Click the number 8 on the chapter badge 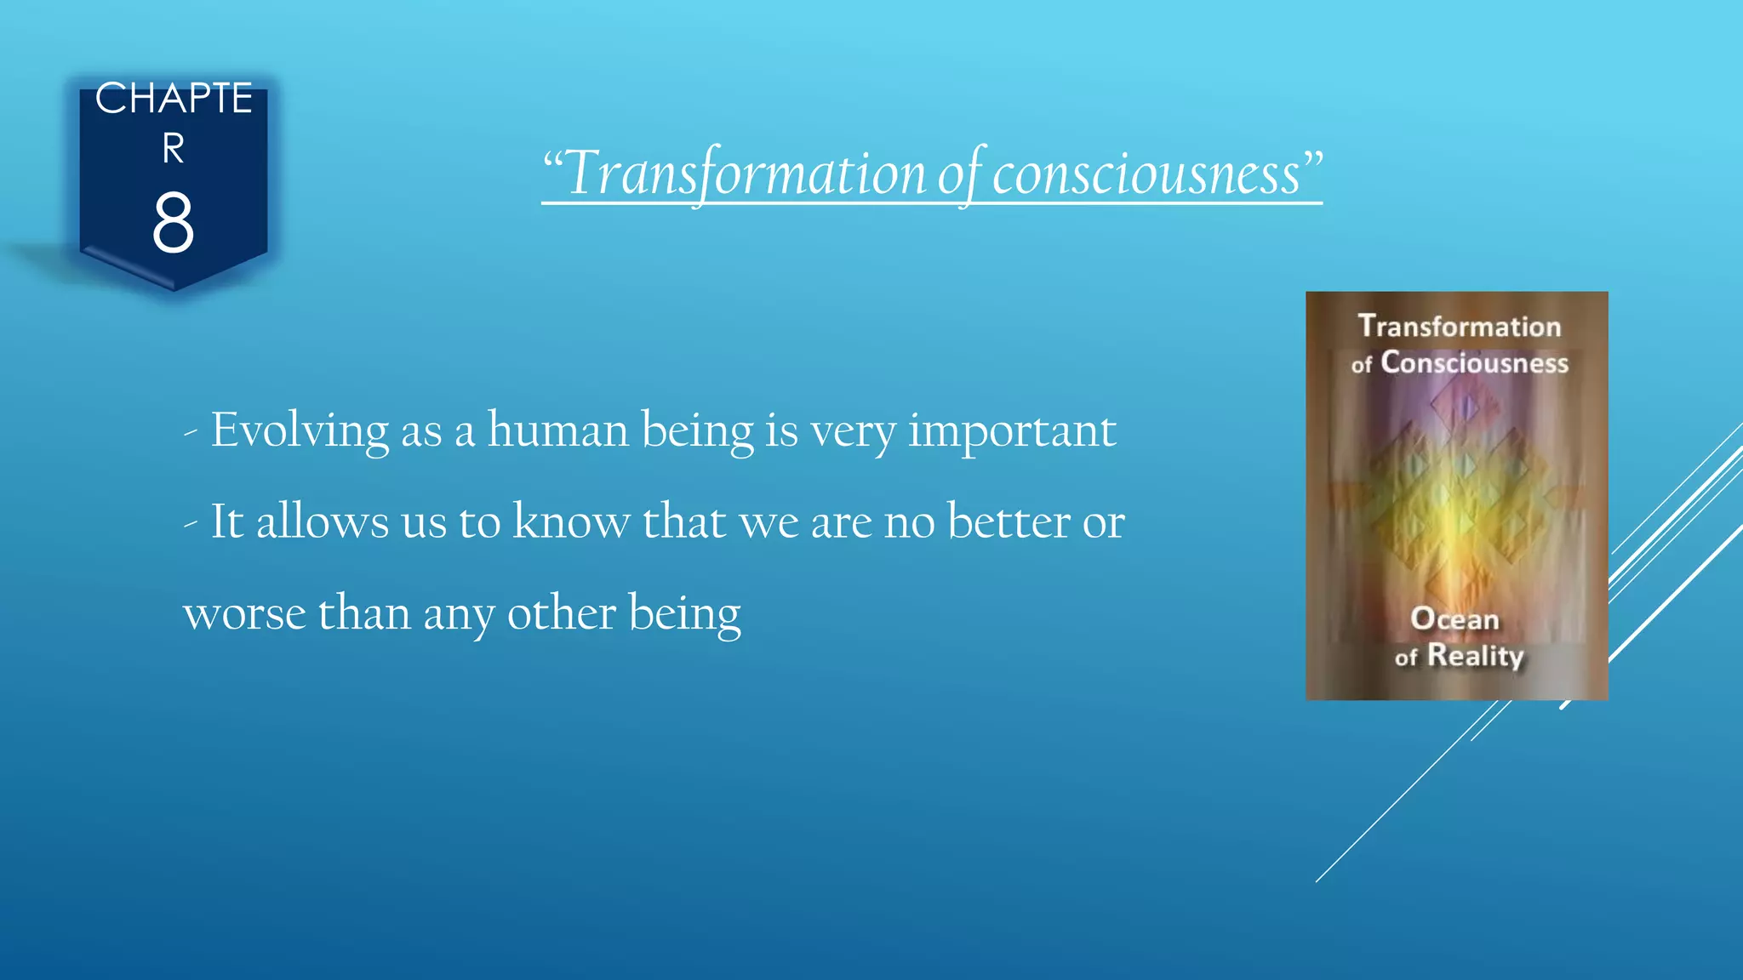tap(173, 223)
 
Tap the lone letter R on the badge tap(173, 149)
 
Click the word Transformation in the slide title tap(746, 174)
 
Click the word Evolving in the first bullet tap(300, 430)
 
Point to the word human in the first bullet tap(557, 430)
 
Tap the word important tap(1012, 431)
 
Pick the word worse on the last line tap(244, 613)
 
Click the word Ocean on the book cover tap(1454, 618)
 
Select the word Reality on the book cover tap(1475, 655)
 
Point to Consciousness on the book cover tap(1473, 363)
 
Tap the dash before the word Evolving tap(191, 433)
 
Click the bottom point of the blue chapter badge tap(174, 289)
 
